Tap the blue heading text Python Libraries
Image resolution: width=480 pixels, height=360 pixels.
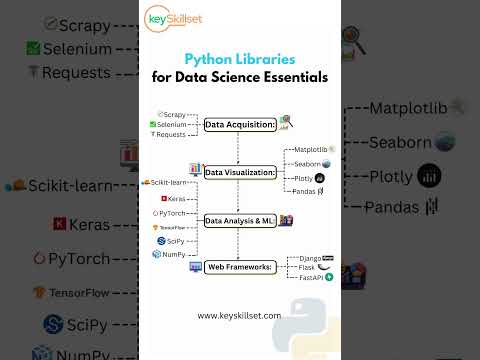239,60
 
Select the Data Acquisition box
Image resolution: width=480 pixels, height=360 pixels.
239,125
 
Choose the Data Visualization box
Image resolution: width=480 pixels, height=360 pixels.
240,172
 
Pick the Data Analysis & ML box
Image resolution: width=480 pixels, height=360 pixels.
239,220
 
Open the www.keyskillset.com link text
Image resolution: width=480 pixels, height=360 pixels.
239,315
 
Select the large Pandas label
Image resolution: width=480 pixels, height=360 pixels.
392,208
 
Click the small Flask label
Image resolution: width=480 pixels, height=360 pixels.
304,267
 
